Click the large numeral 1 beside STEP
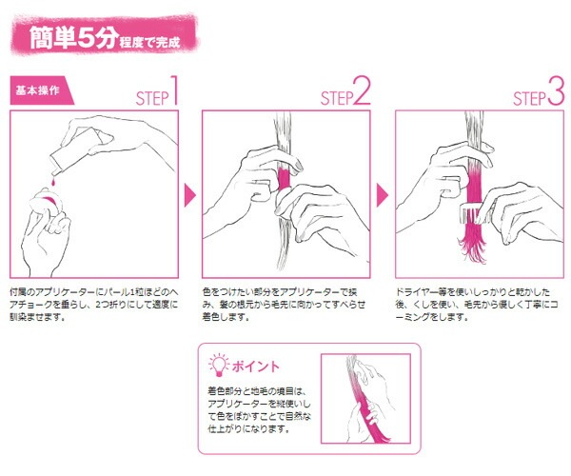coord(175,89)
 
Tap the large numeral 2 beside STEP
coord(362,90)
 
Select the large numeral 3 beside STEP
coord(556,90)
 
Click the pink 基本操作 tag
coord(41,90)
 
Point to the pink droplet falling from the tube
coord(53,181)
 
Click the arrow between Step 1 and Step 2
coord(190,195)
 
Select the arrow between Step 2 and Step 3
coord(382,195)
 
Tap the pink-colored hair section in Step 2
coord(283,178)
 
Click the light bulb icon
coord(219,366)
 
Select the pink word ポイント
coord(256,366)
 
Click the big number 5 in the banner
coord(87,37)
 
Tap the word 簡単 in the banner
coord(52,37)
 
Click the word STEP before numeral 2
coord(337,98)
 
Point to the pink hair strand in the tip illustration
coord(366,411)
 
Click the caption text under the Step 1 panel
coord(94,304)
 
